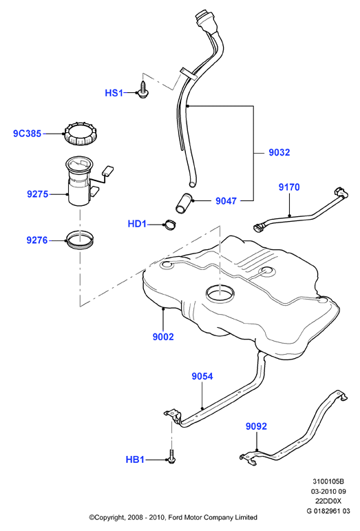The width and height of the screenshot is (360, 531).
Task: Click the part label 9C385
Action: tap(27, 134)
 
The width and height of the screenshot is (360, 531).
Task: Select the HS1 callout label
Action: tap(114, 93)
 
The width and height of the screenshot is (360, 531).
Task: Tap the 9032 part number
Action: tap(279, 152)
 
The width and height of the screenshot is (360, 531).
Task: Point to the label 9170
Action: tap(289, 187)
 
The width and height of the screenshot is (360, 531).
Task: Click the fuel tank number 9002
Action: tap(163, 337)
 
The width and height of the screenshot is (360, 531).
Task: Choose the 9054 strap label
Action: tap(202, 376)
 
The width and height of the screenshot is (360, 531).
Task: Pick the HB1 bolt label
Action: tap(135, 459)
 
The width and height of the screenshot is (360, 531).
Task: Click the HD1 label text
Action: tap(137, 224)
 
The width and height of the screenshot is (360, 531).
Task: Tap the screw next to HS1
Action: tap(143, 90)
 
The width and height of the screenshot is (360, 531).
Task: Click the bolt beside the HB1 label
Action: tap(171, 456)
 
